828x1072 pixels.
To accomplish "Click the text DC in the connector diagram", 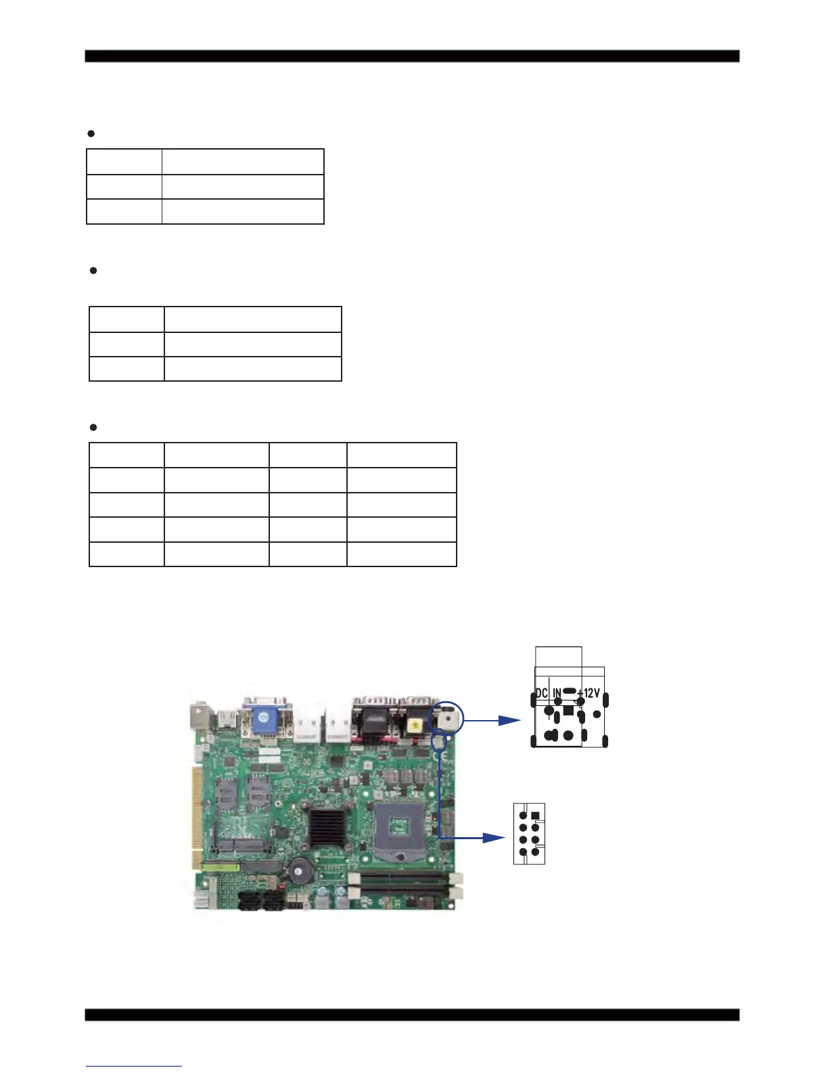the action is (x=541, y=693).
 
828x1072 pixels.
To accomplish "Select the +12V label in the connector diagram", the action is (x=589, y=693).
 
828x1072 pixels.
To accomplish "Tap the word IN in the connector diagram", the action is (x=557, y=693).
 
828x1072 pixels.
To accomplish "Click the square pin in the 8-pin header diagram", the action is (x=535, y=816).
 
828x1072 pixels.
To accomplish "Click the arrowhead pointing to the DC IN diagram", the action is (x=510, y=720).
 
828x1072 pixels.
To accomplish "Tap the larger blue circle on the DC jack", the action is (x=446, y=717).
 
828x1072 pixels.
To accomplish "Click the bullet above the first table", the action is (x=91, y=133).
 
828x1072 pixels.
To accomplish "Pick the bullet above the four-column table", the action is (x=93, y=428).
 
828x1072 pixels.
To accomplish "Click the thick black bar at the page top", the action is (x=412, y=56).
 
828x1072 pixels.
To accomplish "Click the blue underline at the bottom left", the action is (x=134, y=1066).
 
